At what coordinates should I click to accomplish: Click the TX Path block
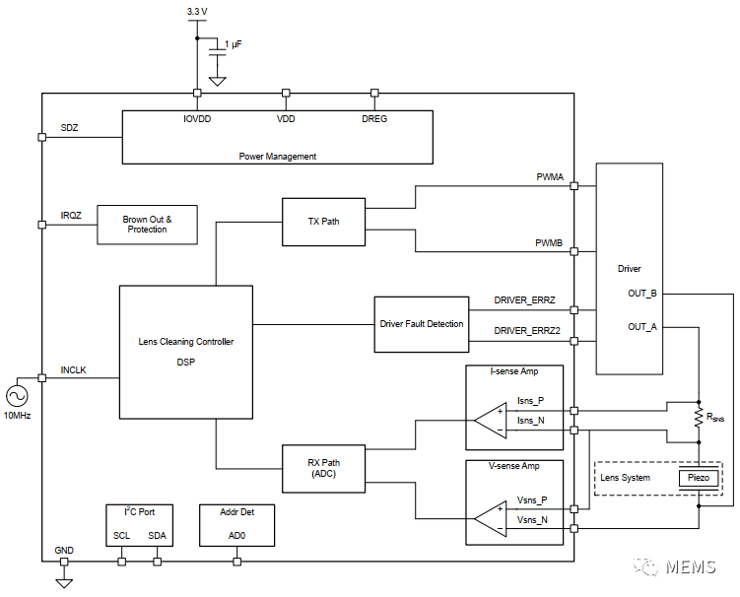coord(323,221)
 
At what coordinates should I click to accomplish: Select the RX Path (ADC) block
coord(323,469)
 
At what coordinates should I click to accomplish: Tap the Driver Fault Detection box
coord(421,323)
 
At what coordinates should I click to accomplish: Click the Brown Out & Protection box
coord(147,225)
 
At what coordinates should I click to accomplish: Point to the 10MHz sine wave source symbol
coord(18,395)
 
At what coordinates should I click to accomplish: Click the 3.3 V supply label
coord(197,11)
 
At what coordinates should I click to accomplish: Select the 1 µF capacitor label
coord(233,45)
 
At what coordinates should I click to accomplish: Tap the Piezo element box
coord(699,478)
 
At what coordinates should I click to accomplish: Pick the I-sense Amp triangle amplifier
coord(490,421)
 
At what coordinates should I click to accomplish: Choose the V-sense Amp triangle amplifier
coord(490,517)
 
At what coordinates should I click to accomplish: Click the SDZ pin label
coord(69,128)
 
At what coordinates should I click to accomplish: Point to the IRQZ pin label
coord(71,215)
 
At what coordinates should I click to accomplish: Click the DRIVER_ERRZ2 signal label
coord(527,331)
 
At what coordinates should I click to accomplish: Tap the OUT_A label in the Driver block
coord(642,326)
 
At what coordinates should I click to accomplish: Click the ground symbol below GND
coord(64,582)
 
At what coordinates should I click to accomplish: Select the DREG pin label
coord(374,118)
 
